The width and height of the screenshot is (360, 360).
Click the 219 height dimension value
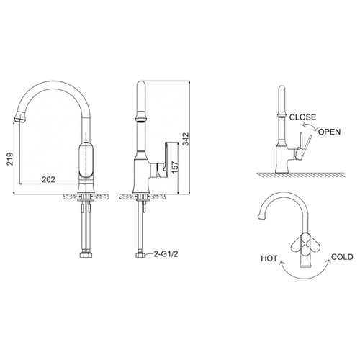(10, 158)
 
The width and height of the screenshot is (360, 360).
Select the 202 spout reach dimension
(48, 179)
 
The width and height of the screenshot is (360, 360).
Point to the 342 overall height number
(186, 139)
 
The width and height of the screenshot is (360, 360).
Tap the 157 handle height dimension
(175, 167)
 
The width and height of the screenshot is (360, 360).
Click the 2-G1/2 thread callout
(166, 254)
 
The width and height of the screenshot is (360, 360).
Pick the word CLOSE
(302, 117)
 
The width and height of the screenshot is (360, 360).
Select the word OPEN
(329, 132)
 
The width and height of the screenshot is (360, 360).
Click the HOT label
(269, 258)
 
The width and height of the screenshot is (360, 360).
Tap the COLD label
(342, 257)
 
